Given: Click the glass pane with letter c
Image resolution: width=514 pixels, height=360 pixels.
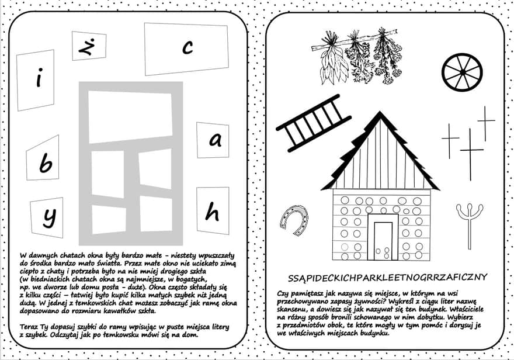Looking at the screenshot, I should (x=186, y=49).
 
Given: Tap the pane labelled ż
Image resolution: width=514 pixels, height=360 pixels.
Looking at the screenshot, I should (x=89, y=46).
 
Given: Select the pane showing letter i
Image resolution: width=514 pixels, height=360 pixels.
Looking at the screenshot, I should (x=36, y=80).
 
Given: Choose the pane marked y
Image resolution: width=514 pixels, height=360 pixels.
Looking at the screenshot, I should (x=47, y=217).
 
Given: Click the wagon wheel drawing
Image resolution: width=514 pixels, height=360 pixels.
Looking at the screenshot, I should (x=462, y=72).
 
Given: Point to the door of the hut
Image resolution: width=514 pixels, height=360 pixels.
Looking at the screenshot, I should (x=384, y=240).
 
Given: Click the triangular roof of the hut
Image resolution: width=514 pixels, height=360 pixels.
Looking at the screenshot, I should (x=380, y=155).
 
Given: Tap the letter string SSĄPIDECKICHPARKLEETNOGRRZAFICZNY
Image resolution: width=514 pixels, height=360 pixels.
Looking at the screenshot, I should (x=388, y=276).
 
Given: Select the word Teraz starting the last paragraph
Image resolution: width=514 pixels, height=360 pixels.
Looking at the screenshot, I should (x=29, y=326).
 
